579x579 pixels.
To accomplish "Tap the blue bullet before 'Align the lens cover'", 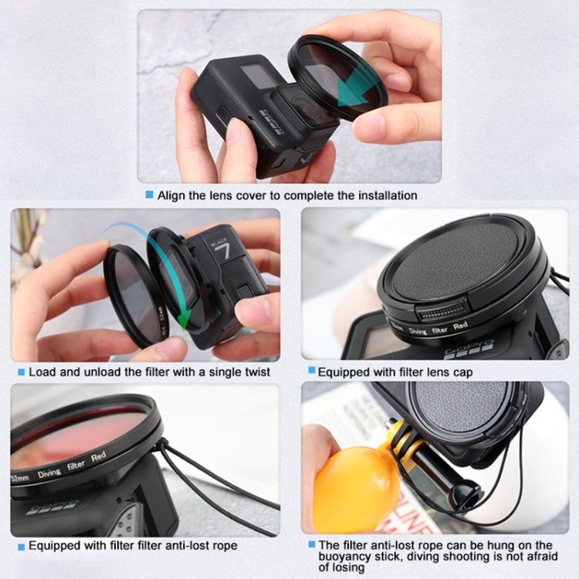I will click(x=149, y=195).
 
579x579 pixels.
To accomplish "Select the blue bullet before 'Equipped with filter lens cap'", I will click(x=311, y=371).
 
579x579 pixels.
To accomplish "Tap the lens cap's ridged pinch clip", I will click(x=441, y=311).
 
